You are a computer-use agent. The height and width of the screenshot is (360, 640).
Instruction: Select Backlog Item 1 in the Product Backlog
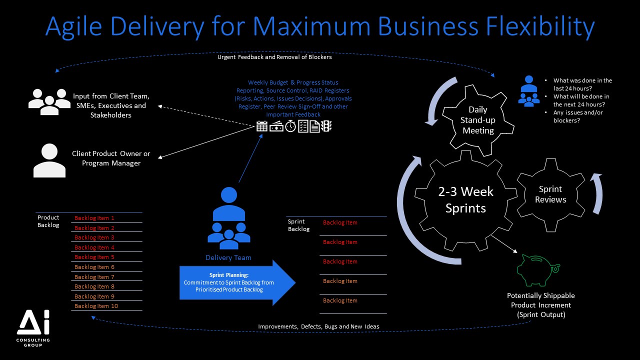[x=94, y=218]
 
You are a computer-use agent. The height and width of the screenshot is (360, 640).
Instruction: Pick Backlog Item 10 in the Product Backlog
[x=96, y=306]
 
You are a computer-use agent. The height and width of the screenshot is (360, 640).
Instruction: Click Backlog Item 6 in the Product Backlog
[x=94, y=267]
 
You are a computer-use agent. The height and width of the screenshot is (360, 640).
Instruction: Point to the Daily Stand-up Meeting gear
[x=478, y=120]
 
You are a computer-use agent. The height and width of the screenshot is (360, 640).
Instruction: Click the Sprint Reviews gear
[x=550, y=194]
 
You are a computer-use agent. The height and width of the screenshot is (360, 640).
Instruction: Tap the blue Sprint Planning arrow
[x=235, y=282]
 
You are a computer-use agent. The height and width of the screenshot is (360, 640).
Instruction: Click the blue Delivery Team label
[x=228, y=257]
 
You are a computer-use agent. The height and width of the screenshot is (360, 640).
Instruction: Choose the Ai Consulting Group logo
[x=33, y=328]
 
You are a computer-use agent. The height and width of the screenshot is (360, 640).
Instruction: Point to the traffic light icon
[x=327, y=126]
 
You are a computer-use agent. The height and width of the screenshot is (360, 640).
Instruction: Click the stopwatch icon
[x=290, y=126]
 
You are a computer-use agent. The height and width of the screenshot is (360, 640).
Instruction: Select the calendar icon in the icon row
[x=262, y=126]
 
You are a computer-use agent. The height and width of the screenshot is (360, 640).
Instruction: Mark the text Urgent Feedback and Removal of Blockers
[x=274, y=57]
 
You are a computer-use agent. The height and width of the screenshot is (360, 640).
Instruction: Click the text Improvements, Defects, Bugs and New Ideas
[x=318, y=326]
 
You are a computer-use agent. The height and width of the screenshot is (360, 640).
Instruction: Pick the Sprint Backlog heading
[x=298, y=225]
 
